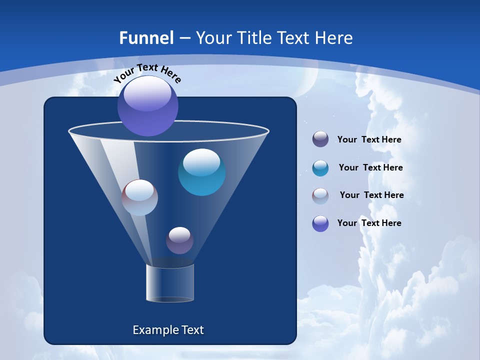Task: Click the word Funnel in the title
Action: click(x=146, y=38)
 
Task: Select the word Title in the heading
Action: click(x=253, y=38)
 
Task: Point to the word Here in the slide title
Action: click(x=334, y=38)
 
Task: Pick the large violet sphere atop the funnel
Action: click(x=148, y=106)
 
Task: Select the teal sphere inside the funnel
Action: click(x=201, y=172)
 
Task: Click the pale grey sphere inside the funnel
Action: click(x=140, y=197)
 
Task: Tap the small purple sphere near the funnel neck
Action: click(x=179, y=240)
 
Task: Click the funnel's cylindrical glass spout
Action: click(x=170, y=283)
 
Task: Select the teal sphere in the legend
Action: click(x=320, y=168)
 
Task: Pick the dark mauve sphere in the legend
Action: click(x=320, y=139)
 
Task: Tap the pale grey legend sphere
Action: click(x=320, y=196)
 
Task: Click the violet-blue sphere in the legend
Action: click(x=320, y=223)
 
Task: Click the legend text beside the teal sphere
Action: click(x=370, y=167)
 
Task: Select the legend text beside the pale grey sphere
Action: click(x=371, y=195)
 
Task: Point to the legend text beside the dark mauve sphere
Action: click(x=369, y=139)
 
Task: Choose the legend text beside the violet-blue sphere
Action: click(x=369, y=223)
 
